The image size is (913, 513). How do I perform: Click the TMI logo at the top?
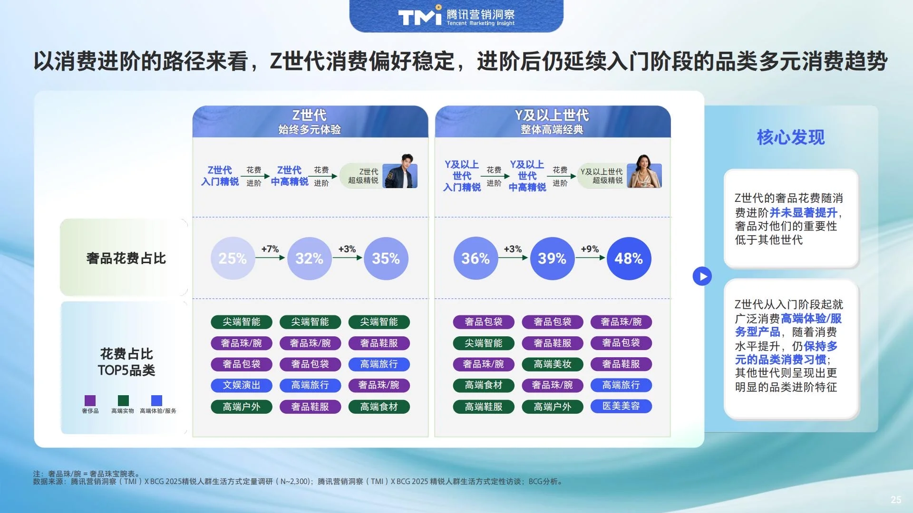point(420,17)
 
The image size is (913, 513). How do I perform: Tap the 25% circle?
point(233,258)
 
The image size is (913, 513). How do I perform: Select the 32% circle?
point(309,258)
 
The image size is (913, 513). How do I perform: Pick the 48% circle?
point(628,258)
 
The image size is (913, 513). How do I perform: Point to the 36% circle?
point(475,258)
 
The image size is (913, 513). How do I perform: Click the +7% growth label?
point(270,249)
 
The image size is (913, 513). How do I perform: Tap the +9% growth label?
point(590,249)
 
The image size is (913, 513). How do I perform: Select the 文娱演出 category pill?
point(241,385)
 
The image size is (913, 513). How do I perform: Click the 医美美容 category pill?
point(621,406)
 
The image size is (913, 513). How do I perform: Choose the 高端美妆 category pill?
point(552,364)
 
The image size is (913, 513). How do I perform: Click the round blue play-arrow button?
point(702,276)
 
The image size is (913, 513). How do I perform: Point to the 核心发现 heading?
point(790,137)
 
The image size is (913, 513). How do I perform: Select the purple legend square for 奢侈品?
point(90,400)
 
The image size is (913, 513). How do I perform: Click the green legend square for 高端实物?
point(123,400)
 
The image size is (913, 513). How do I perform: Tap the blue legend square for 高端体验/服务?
point(156,400)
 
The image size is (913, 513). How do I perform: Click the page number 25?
point(895,499)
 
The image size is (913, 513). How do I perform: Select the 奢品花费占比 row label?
point(126,258)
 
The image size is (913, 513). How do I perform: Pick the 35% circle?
point(386,258)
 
